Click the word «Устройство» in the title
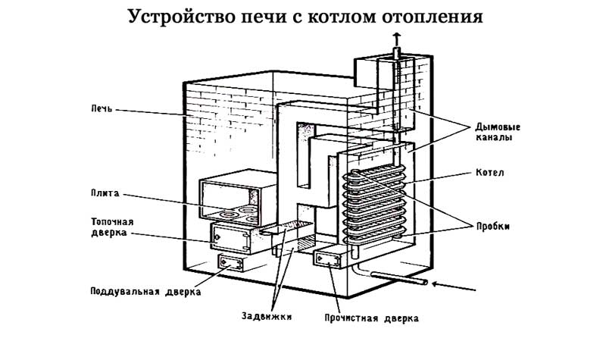[181, 17]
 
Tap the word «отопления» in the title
[433, 17]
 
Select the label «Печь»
[102, 108]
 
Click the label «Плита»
[105, 193]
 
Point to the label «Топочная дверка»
[112, 227]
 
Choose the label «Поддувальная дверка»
[145, 292]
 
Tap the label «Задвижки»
[267, 316]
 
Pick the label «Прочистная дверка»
[371, 318]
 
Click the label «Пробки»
[493, 227]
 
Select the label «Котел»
[490, 173]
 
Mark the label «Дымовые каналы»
[498, 132]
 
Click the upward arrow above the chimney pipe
[396, 39]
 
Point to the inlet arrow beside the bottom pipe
[453, 286]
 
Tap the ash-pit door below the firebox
[231, 263]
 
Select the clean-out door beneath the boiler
[328, 259]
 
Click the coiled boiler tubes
[374, 205]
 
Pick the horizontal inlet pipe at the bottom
[399, 278]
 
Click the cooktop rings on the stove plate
[236, 215]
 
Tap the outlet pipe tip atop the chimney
[396, 52]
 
